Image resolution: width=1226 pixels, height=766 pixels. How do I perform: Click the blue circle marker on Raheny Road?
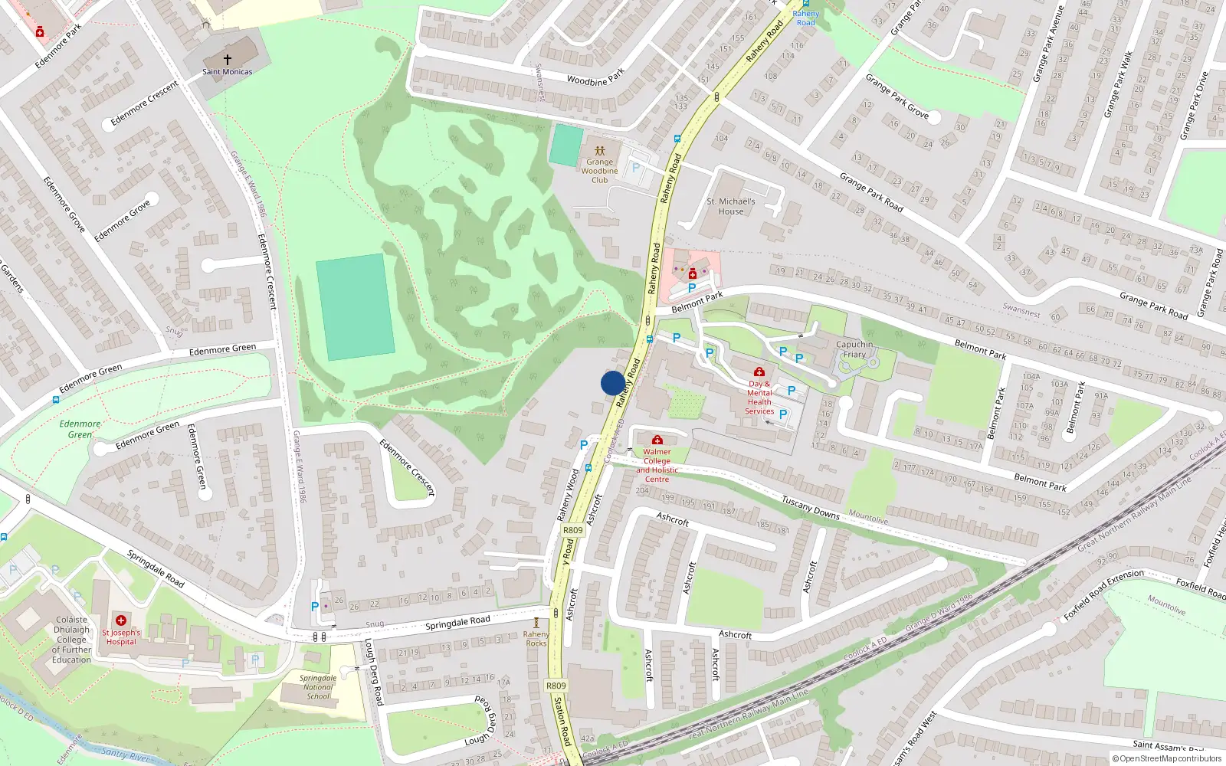tap(613, 383)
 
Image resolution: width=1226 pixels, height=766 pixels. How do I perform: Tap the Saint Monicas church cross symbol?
tap(227, 59)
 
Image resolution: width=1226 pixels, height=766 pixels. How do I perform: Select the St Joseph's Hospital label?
tap(121, 637)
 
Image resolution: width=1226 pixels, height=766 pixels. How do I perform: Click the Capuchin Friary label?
tap(854, 349)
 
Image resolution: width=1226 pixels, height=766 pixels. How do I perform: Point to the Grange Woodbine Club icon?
tap(600, 151)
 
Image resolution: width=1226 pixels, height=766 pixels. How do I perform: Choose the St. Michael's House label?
tap(731, 206)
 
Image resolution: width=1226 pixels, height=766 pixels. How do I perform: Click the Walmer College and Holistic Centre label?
tap(657, 465)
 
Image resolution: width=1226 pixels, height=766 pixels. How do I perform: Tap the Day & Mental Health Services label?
tap(759, 397)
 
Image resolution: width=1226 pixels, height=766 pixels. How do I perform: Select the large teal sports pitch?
tap(355, 306)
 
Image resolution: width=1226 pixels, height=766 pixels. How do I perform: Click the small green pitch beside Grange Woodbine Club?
tap(566, 144)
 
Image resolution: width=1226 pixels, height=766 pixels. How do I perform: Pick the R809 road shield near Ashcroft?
tap(572, 530)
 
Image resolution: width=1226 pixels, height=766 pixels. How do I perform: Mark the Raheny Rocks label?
tap(536, 638)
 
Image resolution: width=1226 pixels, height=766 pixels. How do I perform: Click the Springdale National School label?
tap(318, 687)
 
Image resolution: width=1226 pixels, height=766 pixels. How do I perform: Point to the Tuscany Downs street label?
tap(811, 507)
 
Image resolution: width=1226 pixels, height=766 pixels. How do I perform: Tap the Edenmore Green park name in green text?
tap(80, 429)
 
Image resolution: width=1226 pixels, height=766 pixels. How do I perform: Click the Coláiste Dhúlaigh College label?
tap(71, 640)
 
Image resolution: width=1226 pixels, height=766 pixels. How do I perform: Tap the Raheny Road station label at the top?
tap(805, 18)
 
